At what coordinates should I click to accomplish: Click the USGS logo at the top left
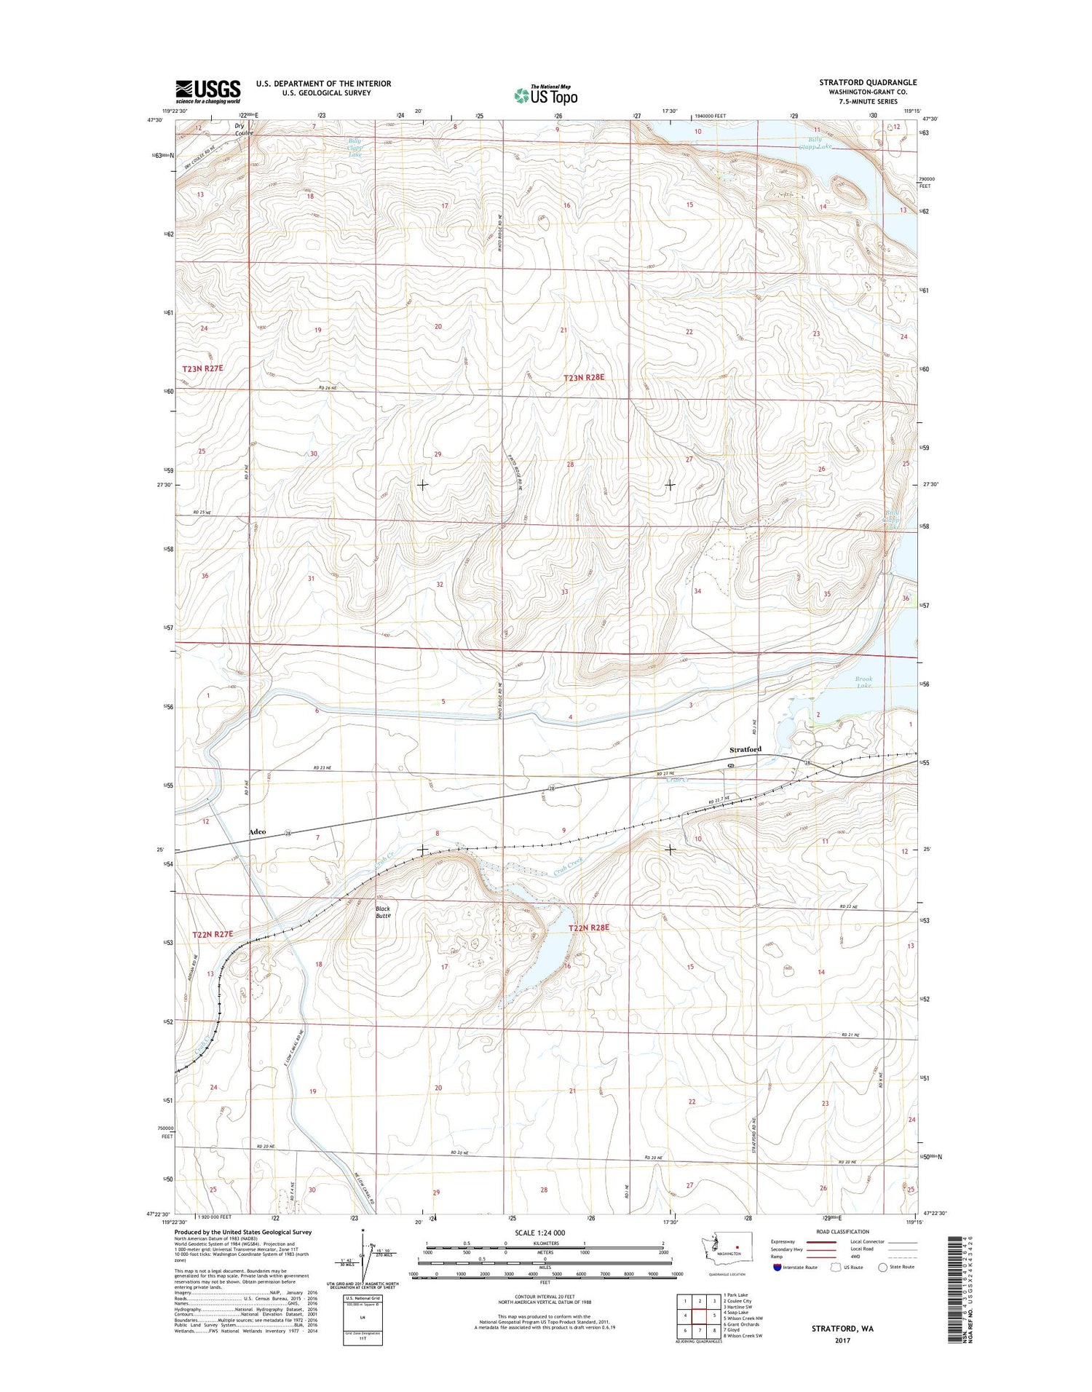(207, 90)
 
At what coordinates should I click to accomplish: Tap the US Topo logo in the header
(546, 95)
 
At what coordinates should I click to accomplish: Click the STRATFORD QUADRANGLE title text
(868, 82)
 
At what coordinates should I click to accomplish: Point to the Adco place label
(257, 831)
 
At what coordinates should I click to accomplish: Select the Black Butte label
(383, 911)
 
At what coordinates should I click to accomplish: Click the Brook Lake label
(863, 682)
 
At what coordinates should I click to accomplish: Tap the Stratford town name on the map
(745, 749)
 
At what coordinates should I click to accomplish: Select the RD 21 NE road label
(850, 1035)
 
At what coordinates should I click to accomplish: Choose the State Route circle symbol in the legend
(883, 1267)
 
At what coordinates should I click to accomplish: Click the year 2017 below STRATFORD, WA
(842, 1340)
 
